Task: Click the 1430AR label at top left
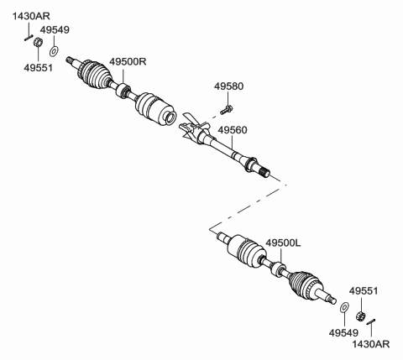tap(31, 16)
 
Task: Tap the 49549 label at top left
tap(55, 30)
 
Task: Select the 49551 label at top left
tap(38, 68)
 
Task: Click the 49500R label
tap(128, 61)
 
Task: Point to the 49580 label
tap(228, 86)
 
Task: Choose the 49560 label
tap(233, 130)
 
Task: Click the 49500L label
tap(283, 243)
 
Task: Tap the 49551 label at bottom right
tap(364, 291)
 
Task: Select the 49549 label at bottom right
tap(343, 333)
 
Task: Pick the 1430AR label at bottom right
tap(370, 344)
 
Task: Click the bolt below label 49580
tap(227, 110)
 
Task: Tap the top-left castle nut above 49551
tap(38, 42)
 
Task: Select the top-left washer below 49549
tap(54, 51)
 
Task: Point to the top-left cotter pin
tap(29, 38)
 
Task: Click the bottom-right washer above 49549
tap(344, 307)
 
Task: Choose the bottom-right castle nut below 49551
tap(361, 316)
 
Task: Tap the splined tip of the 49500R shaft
tap(69, 60)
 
